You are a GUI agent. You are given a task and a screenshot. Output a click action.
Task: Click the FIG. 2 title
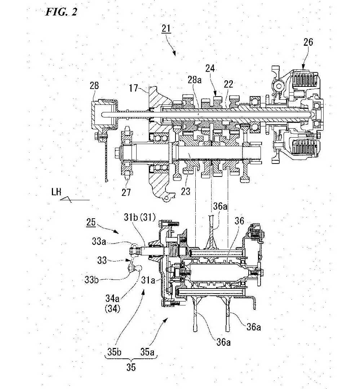click(61, 12)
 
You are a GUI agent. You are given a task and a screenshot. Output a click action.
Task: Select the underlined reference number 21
click(166, 29)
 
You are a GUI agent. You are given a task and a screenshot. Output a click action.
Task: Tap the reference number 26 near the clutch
click(308, 42)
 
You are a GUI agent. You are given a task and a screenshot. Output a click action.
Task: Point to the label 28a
click(195, 80)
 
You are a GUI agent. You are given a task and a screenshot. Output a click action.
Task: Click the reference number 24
click(210, 68)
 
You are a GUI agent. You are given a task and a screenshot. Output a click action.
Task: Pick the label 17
click(133, 88)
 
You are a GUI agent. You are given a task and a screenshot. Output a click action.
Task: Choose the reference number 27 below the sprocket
click(126, 192)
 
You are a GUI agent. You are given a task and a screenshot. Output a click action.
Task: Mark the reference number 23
click(186, 191)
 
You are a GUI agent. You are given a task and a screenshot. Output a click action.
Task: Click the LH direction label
click(56, 192)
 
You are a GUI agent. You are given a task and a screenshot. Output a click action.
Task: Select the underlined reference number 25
click(91, 222)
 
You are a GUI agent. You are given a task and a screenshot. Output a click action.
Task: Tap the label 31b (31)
click(139, 218)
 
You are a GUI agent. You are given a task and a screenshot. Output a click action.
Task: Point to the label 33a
click(99, 241)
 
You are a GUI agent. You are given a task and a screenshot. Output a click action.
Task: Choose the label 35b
click(114, 352)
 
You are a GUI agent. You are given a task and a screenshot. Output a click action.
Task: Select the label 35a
click(147, 352)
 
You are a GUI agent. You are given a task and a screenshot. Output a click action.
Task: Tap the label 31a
click(148, 280)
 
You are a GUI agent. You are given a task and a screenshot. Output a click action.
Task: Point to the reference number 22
click(228, 84)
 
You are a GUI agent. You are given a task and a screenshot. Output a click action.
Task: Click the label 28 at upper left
click(94, 85)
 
